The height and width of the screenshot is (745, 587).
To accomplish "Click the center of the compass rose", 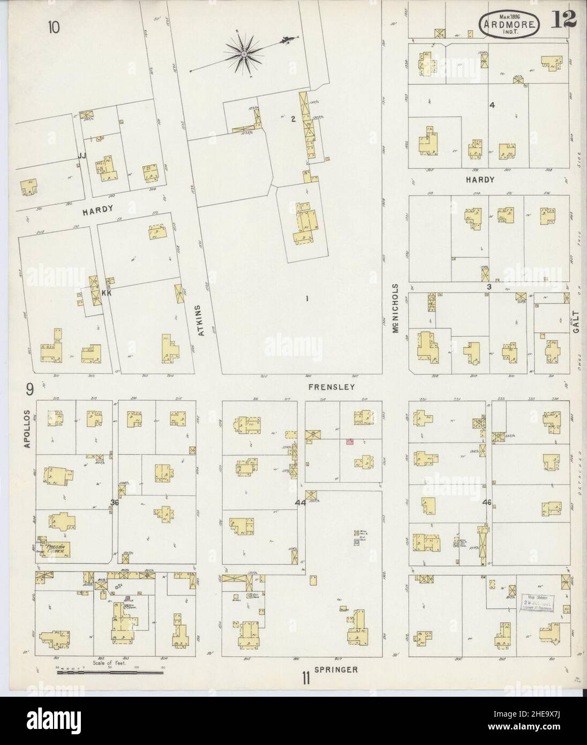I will (244, 54).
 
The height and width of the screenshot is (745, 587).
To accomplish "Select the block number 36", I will (114, 502).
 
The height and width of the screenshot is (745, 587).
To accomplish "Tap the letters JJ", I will (82, 155).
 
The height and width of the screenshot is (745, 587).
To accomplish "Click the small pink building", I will (350, 441).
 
